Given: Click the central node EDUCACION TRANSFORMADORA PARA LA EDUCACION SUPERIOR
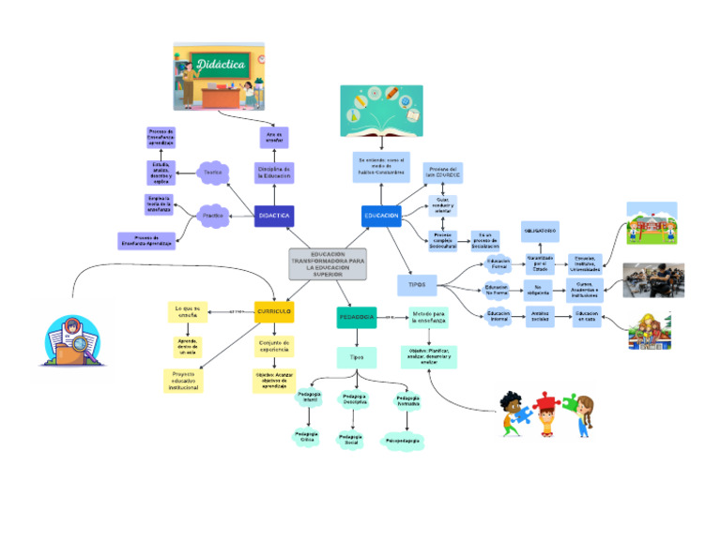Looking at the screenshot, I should tap(328, 264).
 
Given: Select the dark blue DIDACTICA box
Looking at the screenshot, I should tap(274, 216).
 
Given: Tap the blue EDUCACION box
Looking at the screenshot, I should tap(381, 216).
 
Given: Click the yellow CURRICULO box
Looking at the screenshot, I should tap(274, 310).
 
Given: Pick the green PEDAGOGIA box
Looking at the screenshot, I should tap(356, 318).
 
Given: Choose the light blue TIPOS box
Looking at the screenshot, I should tap(417, 282).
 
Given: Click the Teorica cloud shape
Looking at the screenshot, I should tap(212, 173).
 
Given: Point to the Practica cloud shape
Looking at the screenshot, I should tap(214, 216).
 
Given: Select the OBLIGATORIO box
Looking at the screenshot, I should tap(540, 231).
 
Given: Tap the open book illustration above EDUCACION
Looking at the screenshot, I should tap(381, 111).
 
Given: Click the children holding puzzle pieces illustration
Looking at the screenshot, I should tap(545, 413).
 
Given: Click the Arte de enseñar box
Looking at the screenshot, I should tap(274, 137).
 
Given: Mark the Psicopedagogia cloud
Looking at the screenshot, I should tap(403, 440).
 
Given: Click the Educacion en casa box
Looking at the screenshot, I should tap(586, 318).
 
